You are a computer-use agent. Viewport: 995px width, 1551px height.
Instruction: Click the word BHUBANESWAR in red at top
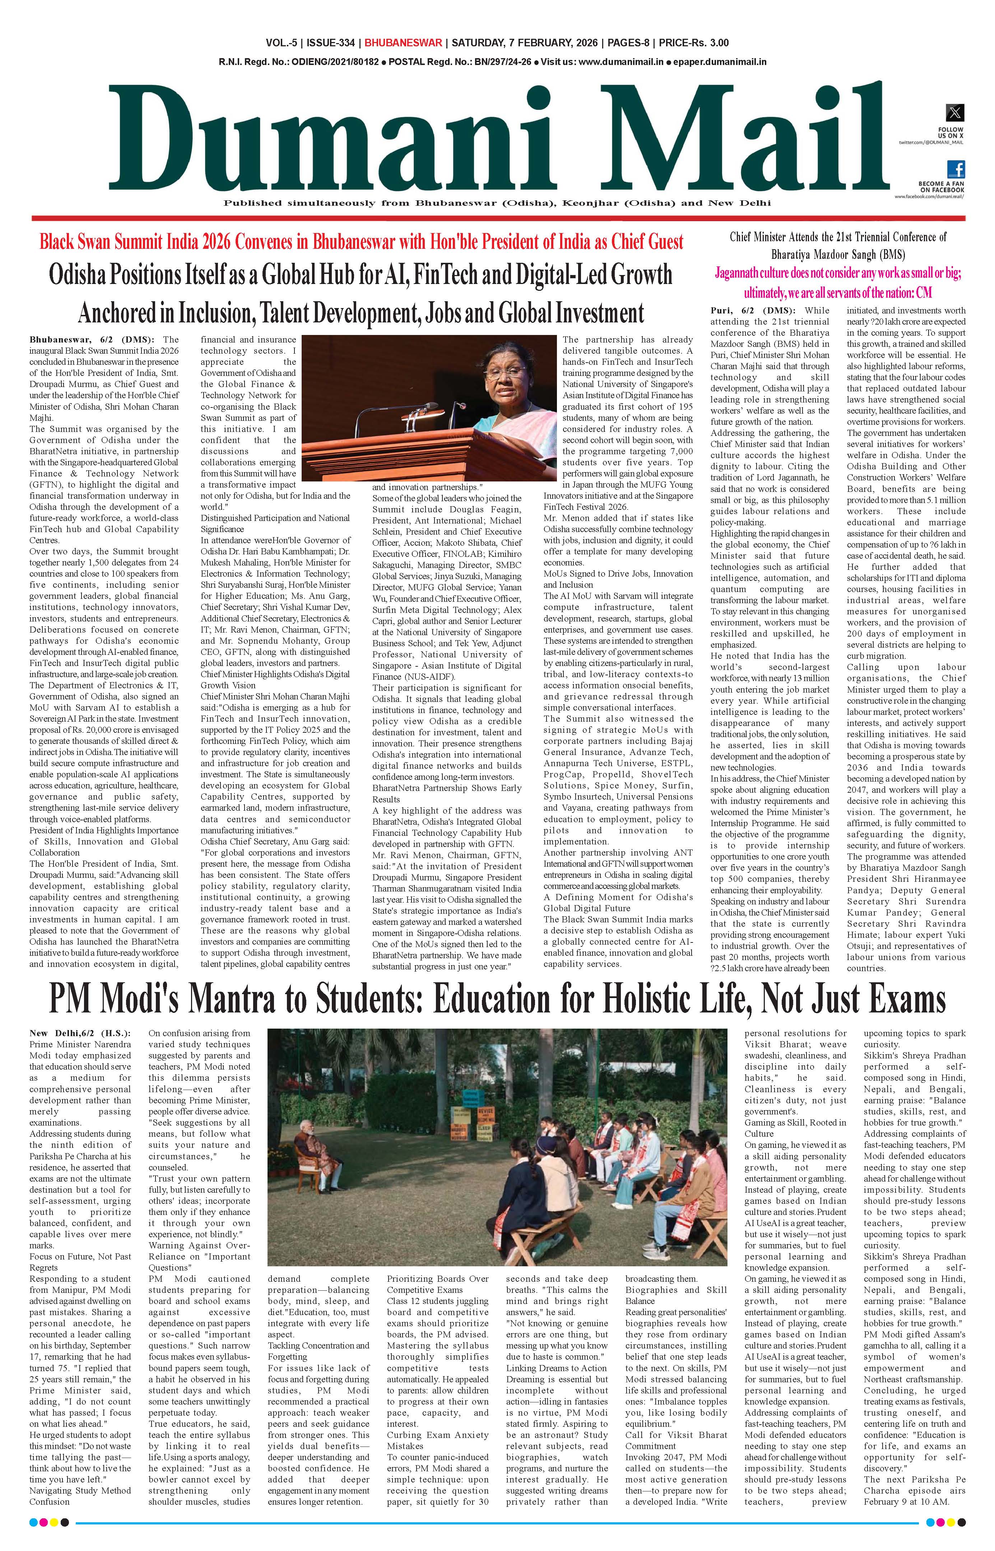pyautogui.click(x=403, y=43)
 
